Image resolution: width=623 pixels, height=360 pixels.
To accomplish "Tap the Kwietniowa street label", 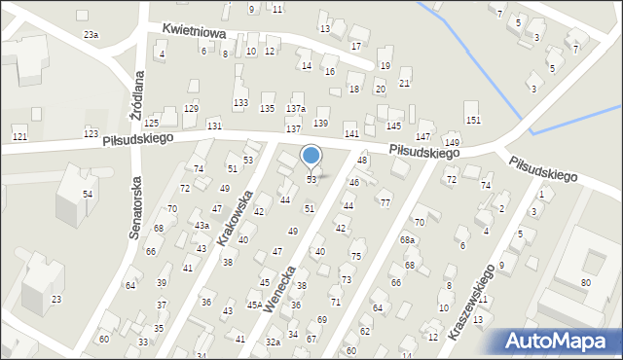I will tap(194, 33).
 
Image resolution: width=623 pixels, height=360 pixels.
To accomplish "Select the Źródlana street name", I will tap(138, 91).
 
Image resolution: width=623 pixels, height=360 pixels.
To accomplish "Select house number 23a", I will tap(91, 35).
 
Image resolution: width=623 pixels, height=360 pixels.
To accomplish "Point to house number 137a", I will tap(296, 109).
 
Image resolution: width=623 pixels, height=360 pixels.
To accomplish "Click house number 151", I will tap(473, 120).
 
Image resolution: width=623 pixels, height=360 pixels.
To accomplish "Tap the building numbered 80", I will tap(585, 283).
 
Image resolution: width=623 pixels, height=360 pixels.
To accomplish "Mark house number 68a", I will tap(407, 239).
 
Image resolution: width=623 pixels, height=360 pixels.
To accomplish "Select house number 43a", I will tap(202, 226).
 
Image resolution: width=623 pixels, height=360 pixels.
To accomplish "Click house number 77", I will tap(385, 202).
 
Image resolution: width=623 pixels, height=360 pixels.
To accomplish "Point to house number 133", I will tap(240, 103).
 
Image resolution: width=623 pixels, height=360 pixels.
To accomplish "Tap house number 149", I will tap(452, 143).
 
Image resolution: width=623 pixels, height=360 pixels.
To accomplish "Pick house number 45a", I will tap(253, 306).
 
